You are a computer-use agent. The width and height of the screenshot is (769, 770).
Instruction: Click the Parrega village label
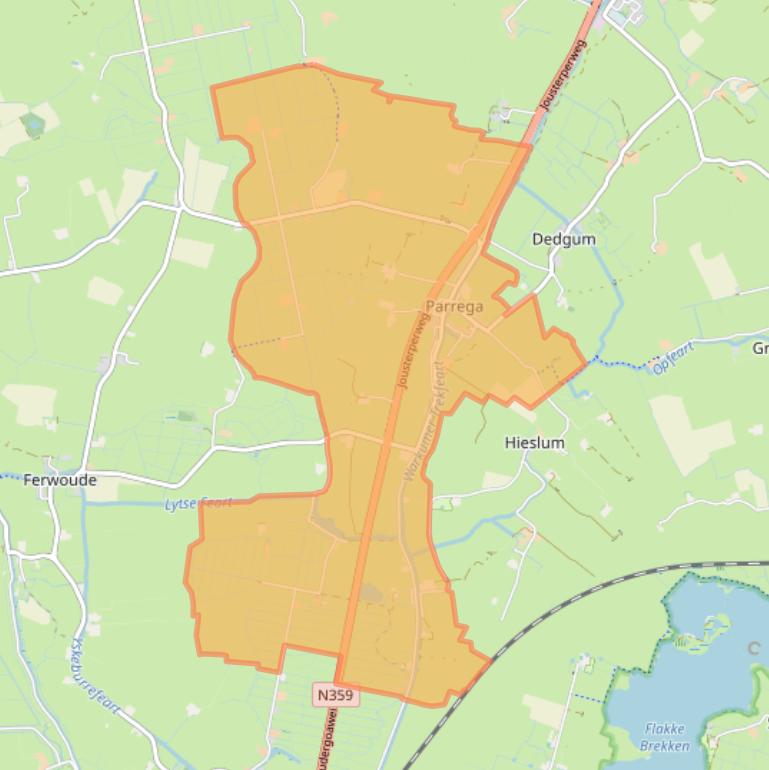454,306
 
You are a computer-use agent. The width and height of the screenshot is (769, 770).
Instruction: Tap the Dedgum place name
563,239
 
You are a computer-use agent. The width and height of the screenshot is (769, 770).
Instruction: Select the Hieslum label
534,442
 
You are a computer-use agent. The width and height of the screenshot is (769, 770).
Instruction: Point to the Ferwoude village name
61,480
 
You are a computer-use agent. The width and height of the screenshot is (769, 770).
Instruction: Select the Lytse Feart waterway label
197,503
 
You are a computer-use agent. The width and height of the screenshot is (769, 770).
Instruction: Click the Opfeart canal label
672,357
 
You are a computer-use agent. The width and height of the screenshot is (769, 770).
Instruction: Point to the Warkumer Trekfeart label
422,424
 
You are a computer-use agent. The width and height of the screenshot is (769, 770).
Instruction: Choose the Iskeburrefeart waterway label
97,679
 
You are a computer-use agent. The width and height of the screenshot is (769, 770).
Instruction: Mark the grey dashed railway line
560,610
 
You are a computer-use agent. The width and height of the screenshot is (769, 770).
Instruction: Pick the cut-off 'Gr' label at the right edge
760,348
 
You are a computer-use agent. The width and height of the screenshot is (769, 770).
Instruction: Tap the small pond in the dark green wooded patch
33,124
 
